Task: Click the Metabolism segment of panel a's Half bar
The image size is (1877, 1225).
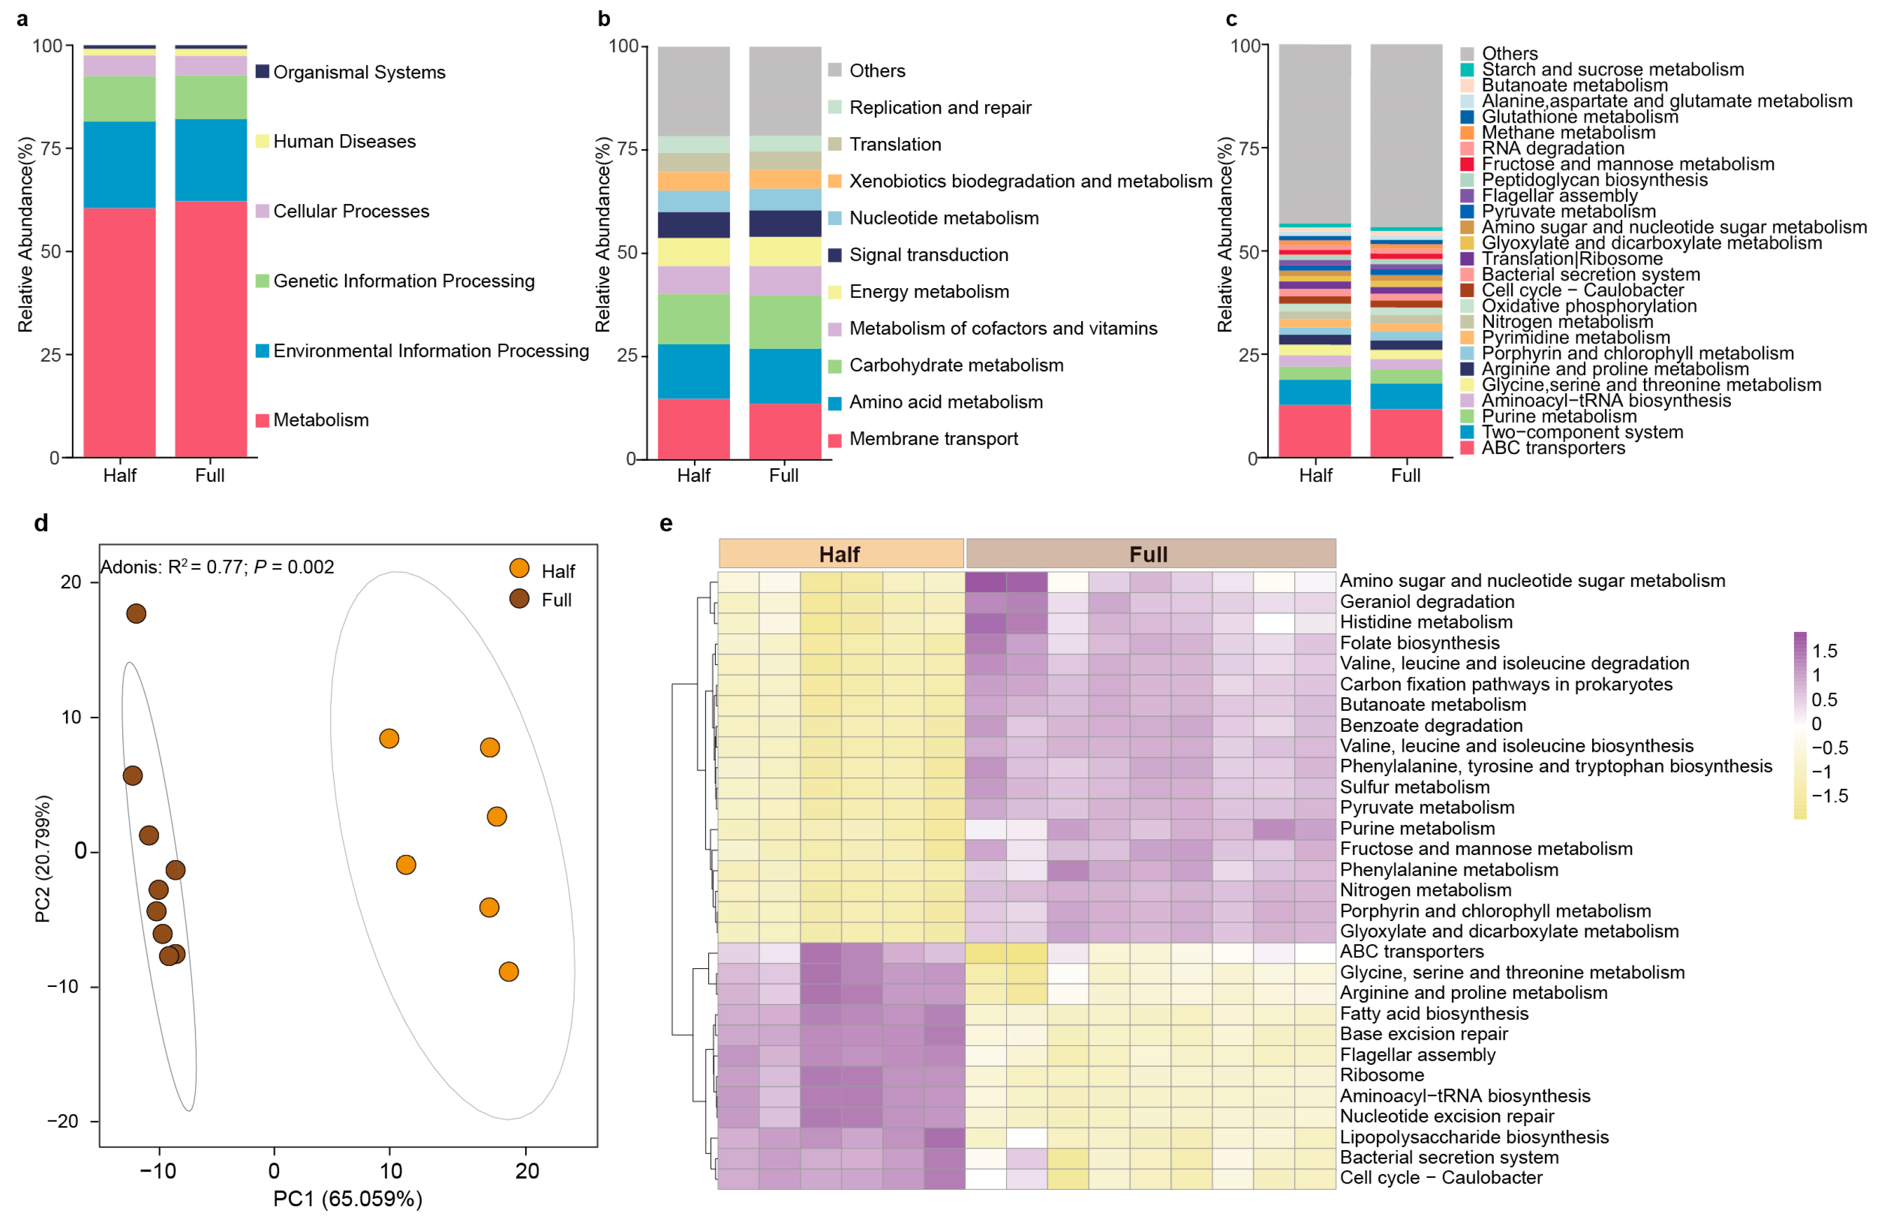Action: point(119,331)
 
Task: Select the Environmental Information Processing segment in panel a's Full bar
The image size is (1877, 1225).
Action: point(210,160)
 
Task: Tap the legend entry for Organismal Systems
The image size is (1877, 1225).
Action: point(359,73)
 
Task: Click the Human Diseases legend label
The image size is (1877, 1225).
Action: point(344,142)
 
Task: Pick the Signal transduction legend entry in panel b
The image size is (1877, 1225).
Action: point(928,255)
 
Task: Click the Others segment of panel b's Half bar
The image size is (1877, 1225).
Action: point(694,91)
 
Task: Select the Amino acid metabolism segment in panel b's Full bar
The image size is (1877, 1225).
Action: point(784,376)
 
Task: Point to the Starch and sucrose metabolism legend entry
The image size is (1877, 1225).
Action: point(1612,69)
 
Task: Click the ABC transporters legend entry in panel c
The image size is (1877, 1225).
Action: point(1553,448)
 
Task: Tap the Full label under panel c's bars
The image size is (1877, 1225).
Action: point(1405,476)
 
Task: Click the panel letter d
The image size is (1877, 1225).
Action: point(41,523)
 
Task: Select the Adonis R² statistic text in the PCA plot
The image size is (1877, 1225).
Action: point(217,567)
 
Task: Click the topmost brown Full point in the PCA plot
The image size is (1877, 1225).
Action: point(136,613)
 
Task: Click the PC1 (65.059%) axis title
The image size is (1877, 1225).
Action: point(348,1199)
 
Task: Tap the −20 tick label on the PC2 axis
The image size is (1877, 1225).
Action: point(63,1121)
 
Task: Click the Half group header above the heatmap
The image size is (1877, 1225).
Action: point(841,554)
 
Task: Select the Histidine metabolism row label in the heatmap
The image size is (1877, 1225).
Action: point(1426,622)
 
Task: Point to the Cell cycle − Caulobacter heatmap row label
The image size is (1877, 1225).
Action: point(1441,1178)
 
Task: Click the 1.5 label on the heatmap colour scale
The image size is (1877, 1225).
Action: point(1824,651)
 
